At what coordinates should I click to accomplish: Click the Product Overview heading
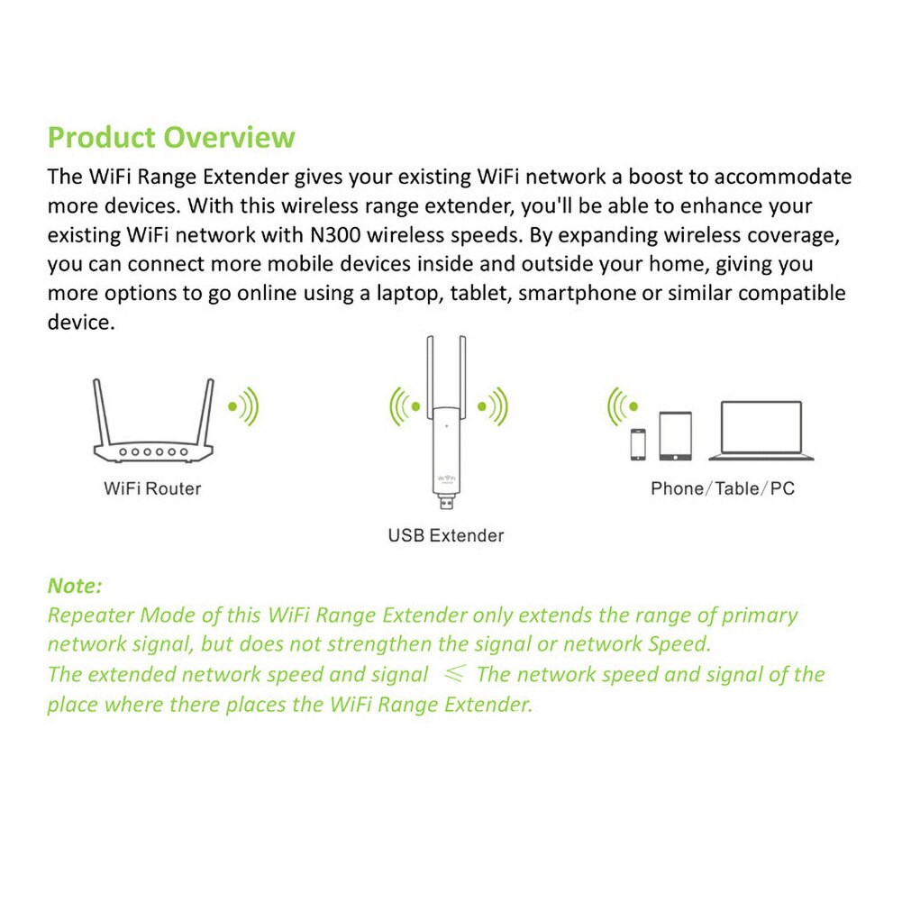coord(171,138)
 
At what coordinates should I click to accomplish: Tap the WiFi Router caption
coord(152,489)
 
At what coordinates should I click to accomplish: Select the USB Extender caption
coord(445,536)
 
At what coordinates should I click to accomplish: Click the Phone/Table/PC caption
coord(723,489)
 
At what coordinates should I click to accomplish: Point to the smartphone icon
coord(638,443)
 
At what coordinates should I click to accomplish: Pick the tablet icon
coord(675,435)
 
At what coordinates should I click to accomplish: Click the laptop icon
coord(761,431)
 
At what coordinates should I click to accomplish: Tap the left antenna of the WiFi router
coord(102,411)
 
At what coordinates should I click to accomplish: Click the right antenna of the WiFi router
coord(206,411)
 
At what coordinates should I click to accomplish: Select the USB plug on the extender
coord(444,500)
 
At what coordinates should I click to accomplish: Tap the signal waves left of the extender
coord(404,406)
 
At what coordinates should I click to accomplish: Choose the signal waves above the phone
coord(622,406)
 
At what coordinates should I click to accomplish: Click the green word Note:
coord(75,586)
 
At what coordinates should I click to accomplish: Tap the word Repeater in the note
coord(89,615)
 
